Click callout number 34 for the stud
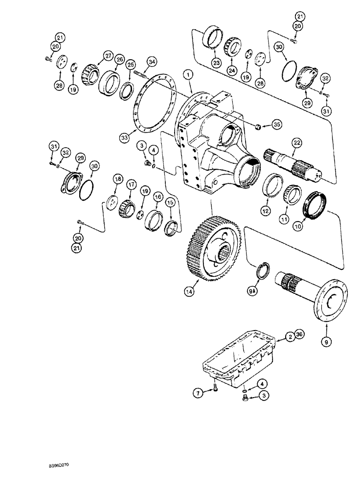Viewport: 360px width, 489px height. tap(152, 61)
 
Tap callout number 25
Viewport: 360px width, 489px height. tap(130, 65)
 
